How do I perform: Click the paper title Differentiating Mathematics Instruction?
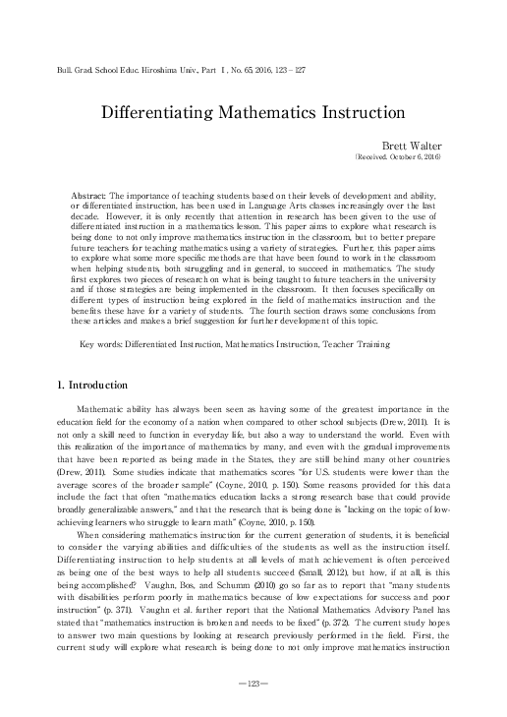tap(253, 111)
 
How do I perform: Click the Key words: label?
tap(101, 318)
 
